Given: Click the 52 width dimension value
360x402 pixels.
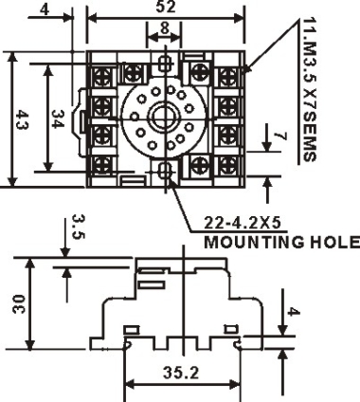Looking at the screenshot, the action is (x=166, y=7).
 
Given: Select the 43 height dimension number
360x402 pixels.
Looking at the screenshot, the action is (x=22, y=119).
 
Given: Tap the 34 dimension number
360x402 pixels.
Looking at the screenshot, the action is (x=58, y=119).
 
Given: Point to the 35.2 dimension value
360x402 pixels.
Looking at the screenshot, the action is (x=181, y=373).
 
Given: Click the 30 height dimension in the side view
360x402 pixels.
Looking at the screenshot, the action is (x=19, y=303).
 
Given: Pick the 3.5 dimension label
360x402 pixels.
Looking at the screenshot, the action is (x=78, y=227).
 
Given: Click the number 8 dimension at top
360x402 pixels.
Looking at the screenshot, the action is (x=165, y=28).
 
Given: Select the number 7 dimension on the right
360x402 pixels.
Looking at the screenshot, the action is (x=280, y=136).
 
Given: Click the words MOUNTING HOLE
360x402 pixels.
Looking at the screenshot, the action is (x=281, y=243).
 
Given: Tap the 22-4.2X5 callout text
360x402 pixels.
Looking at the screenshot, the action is (x=243, y=223).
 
